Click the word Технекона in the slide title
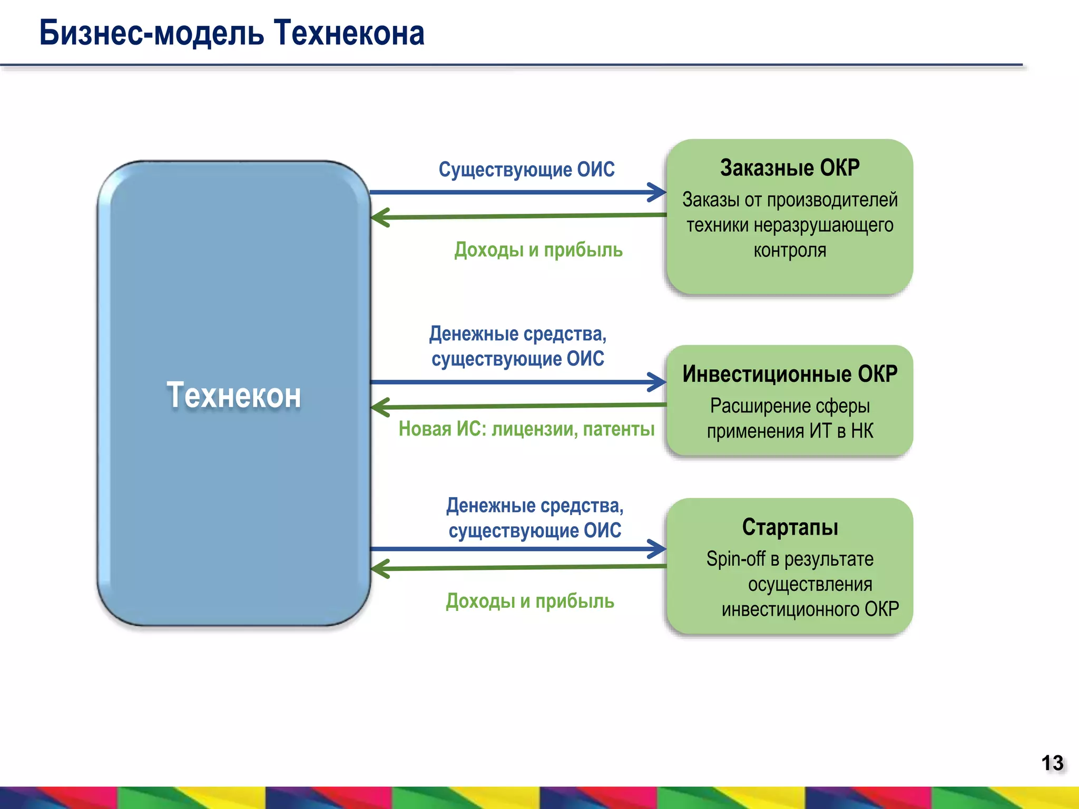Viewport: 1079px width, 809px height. pos(349,33)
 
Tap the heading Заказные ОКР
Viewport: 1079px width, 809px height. pos(789,168)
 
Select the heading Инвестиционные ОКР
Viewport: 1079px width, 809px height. pos(789,374)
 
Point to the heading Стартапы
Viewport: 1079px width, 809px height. pos(789,527)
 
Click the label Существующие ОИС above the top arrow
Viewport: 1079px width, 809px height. pos(526,170)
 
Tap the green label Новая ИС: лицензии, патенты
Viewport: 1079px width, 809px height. pos(526,429)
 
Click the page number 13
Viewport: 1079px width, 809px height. pos(1052,763)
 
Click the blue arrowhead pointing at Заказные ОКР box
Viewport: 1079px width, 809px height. pos(659,192)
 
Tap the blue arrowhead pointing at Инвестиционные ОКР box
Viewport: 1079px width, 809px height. pos(659,382)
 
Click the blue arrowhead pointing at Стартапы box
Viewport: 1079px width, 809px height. pos(659,549)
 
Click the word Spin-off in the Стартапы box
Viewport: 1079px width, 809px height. pos(735,559)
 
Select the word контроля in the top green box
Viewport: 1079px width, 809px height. pos(789,250)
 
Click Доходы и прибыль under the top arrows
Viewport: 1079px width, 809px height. pos(538,250)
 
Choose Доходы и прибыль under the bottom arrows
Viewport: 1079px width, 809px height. pos(529,601)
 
